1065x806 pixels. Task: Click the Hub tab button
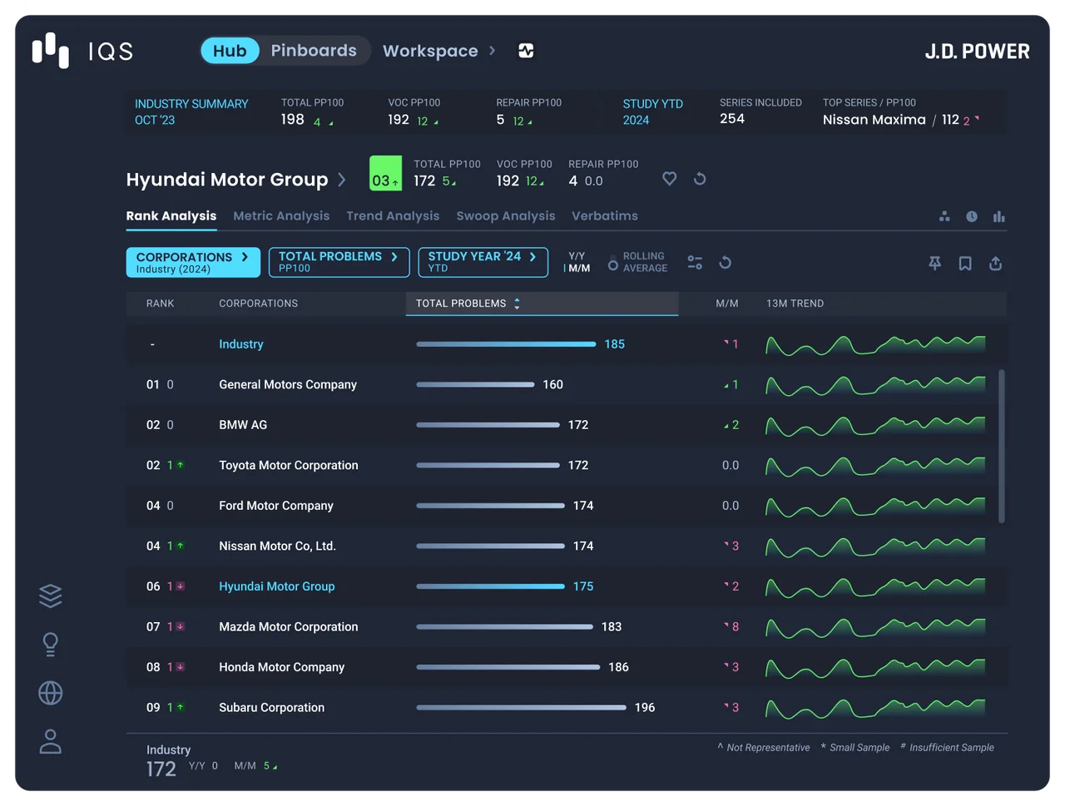[230, 51]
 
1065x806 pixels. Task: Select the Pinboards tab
[314, 51]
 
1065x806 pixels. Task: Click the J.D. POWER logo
[977, 52]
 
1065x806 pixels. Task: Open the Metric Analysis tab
[281, 215]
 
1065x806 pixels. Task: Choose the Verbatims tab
[605, 215]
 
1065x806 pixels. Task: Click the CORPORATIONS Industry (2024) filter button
[193, 262]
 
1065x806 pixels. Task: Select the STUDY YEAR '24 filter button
[483, 262]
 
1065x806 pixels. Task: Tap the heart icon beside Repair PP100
[669, 179]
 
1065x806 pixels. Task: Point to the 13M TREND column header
[795, 304]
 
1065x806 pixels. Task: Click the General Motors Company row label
[288, 384]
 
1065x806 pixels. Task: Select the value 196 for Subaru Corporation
[644, 708]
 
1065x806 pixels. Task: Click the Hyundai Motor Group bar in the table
[490, 586]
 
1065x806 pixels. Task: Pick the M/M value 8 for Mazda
[735, 626]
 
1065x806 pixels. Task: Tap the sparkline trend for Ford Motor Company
[875, 506]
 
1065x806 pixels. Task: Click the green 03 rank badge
[385, 173]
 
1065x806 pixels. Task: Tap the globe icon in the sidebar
[51, 693]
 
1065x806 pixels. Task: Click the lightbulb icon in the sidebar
[51, 645]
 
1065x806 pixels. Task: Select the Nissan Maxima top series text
[874, 120]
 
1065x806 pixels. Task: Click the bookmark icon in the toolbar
[965, 264]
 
